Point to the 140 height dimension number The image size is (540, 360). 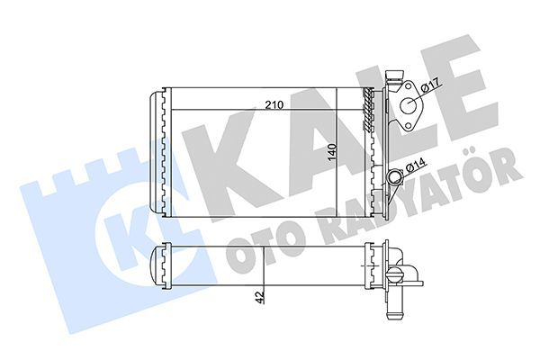332,153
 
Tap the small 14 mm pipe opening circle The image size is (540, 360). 395,177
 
